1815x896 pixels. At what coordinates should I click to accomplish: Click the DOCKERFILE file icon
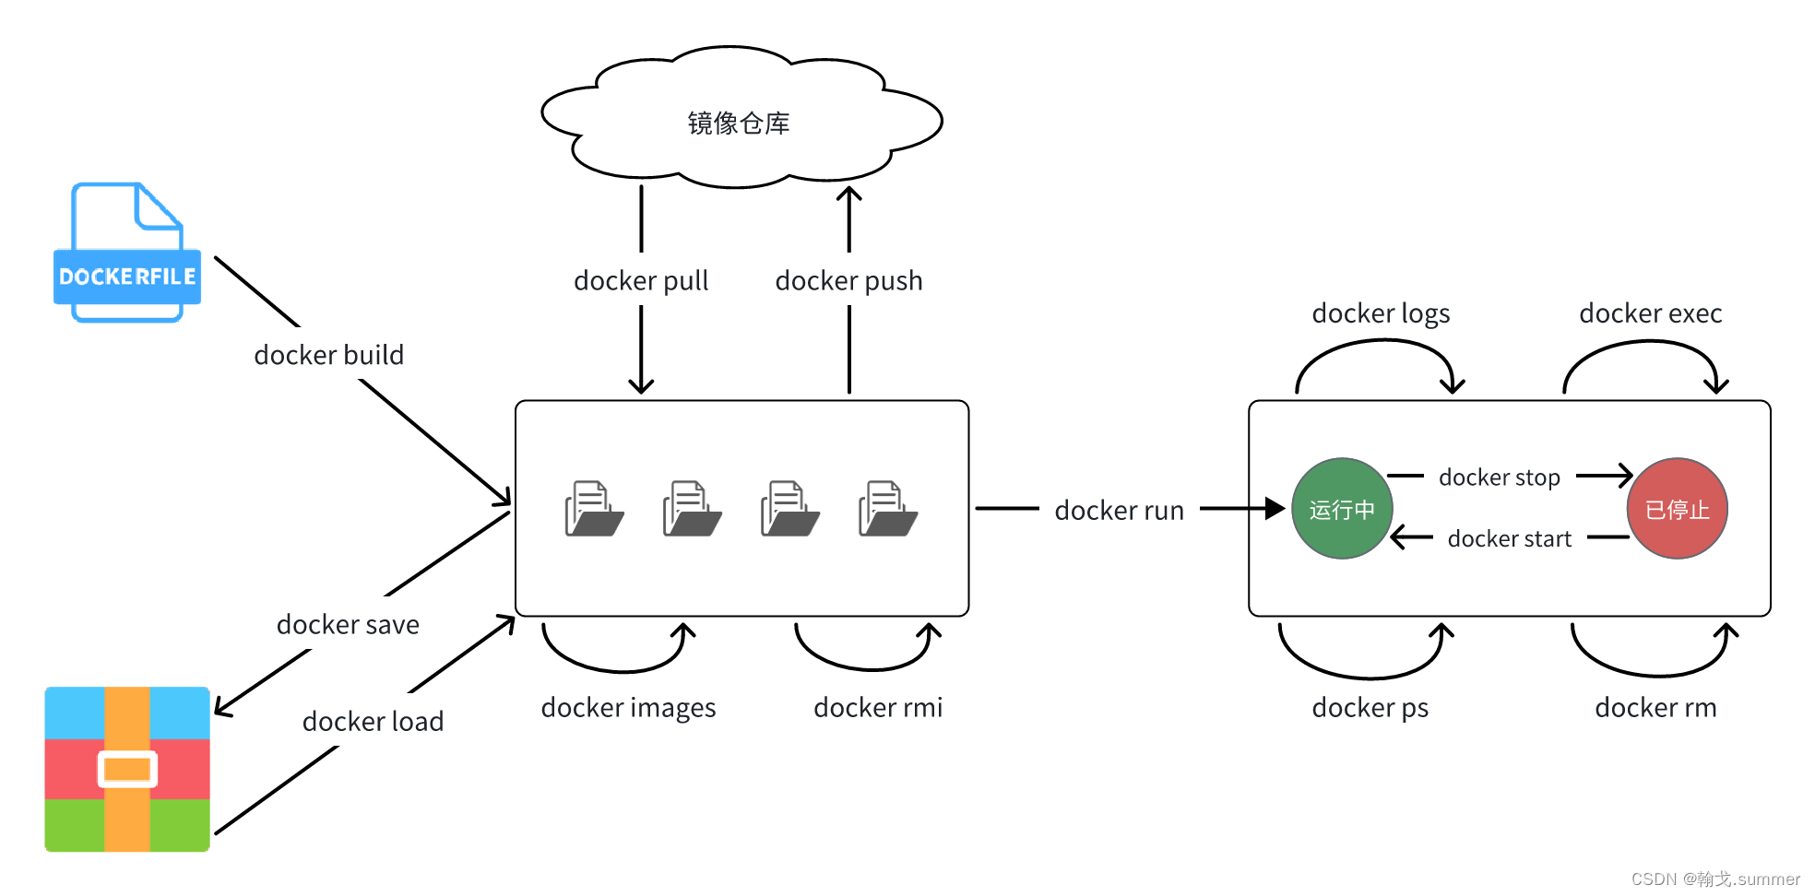pos(127,253)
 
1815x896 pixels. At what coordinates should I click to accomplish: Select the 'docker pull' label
pos(641,280)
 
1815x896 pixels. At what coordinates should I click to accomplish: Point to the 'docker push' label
pos(848,280)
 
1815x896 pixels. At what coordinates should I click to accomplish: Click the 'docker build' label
pos(329,355)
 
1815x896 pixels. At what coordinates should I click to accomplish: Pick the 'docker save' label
pos(348,625)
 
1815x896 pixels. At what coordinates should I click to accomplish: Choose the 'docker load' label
pos(373,721)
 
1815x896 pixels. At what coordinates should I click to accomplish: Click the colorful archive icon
pos(127,769)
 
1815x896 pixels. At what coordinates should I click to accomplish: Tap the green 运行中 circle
pos(1342,509)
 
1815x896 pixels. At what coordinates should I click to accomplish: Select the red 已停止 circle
pos(1677,509)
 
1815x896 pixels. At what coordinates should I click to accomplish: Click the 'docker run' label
pos(1119,511)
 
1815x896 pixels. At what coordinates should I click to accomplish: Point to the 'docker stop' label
pos(1500,477)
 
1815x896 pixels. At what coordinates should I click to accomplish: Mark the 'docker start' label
pos(1509,538)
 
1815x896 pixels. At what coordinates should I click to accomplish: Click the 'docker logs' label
pos(1381,313)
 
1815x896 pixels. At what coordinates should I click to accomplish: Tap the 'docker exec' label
pos(1650,313)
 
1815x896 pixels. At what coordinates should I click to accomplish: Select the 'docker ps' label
pos(1370,708)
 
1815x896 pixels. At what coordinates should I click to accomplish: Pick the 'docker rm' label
pos(1655,708)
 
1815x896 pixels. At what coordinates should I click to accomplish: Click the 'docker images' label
pos(628,708)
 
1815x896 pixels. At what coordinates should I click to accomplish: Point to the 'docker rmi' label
pos(878,708)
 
